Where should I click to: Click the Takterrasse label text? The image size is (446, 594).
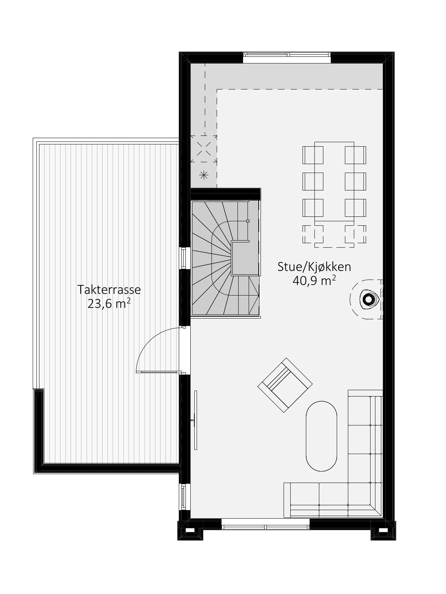(x=109, y=290)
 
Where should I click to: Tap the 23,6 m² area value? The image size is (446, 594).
(x=109, y=304)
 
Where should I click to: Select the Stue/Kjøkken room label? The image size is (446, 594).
(x=314, y=267)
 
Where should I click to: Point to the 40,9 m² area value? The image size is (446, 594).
(x=314, y=281)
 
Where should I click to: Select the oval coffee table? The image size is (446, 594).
(x=321, y=436)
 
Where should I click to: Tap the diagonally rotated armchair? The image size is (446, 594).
(x=285, y=385)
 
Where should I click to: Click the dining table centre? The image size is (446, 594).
(x=334, y=182)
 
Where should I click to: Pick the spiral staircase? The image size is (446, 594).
(x=225, y=258)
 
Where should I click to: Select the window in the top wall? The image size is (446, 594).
(x=287, y=55)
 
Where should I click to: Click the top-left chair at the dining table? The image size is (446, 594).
(x=313, y=155)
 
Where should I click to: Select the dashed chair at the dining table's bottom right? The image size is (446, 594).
(x=355, y=234)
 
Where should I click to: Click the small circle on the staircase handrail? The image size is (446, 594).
(x=248, y=221)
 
